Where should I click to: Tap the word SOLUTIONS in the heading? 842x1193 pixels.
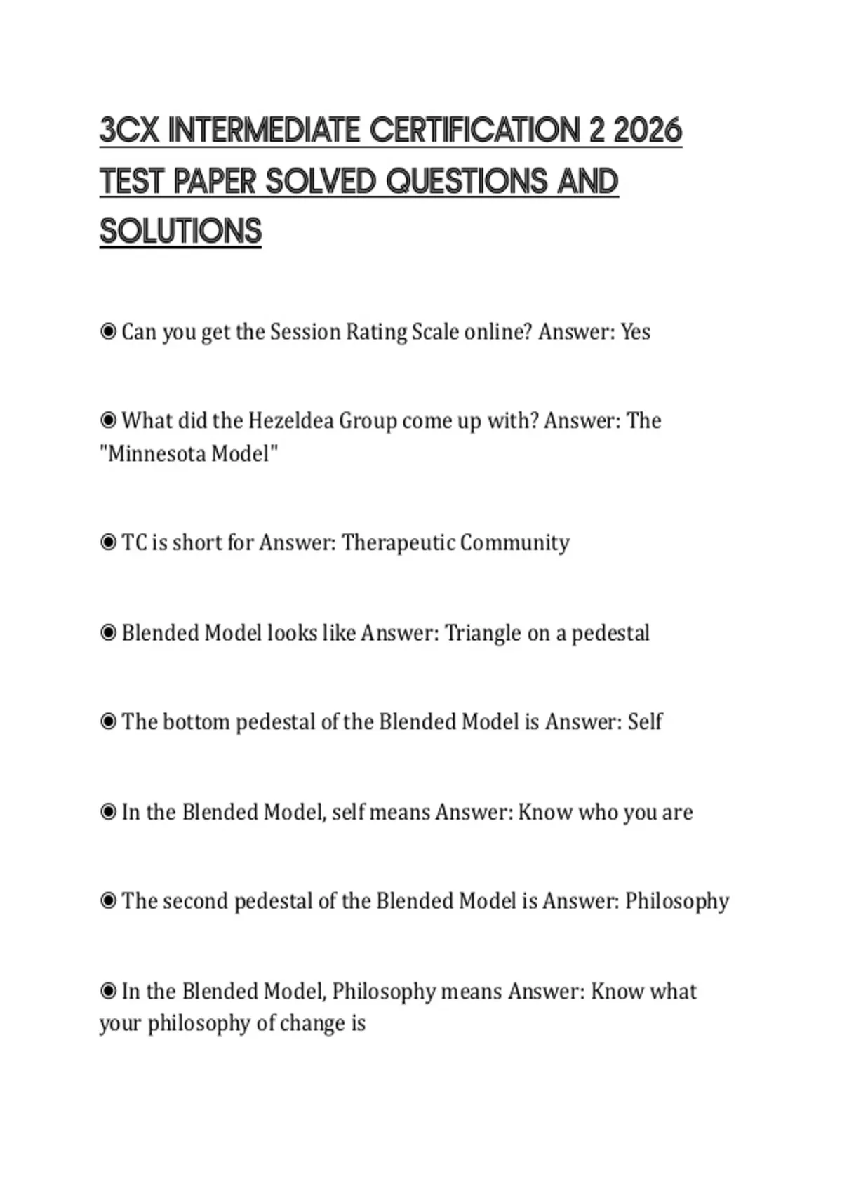click(180, 232)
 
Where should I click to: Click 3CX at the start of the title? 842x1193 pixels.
click(129, 131)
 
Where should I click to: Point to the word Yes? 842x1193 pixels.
click(635, 332)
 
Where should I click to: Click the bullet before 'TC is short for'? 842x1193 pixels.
click(108, 542)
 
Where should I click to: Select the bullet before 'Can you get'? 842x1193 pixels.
click(108, 331)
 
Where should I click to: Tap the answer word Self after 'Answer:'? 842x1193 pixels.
click(645, 722)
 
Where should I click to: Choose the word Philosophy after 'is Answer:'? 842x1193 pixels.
click(677, 901)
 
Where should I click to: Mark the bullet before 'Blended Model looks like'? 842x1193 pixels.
click(108, 633)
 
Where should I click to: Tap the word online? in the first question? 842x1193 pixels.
click(498, 332)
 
